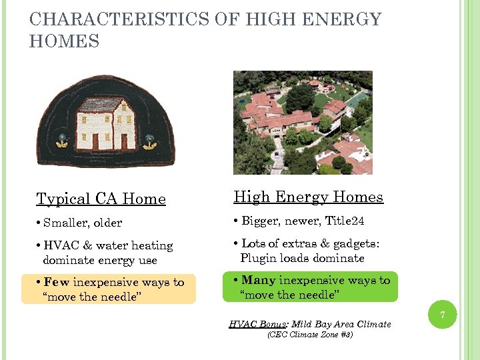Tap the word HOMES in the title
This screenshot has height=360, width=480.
65,42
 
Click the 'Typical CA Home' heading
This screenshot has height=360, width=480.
101,199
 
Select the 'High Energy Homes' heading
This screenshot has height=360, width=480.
308,197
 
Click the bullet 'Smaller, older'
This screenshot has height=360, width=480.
80,222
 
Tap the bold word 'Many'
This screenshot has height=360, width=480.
258,281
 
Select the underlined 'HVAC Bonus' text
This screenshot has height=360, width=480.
256,324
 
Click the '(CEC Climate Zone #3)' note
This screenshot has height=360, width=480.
309,335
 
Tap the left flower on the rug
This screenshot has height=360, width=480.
62,141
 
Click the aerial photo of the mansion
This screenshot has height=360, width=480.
303,123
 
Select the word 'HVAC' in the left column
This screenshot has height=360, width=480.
59,245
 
